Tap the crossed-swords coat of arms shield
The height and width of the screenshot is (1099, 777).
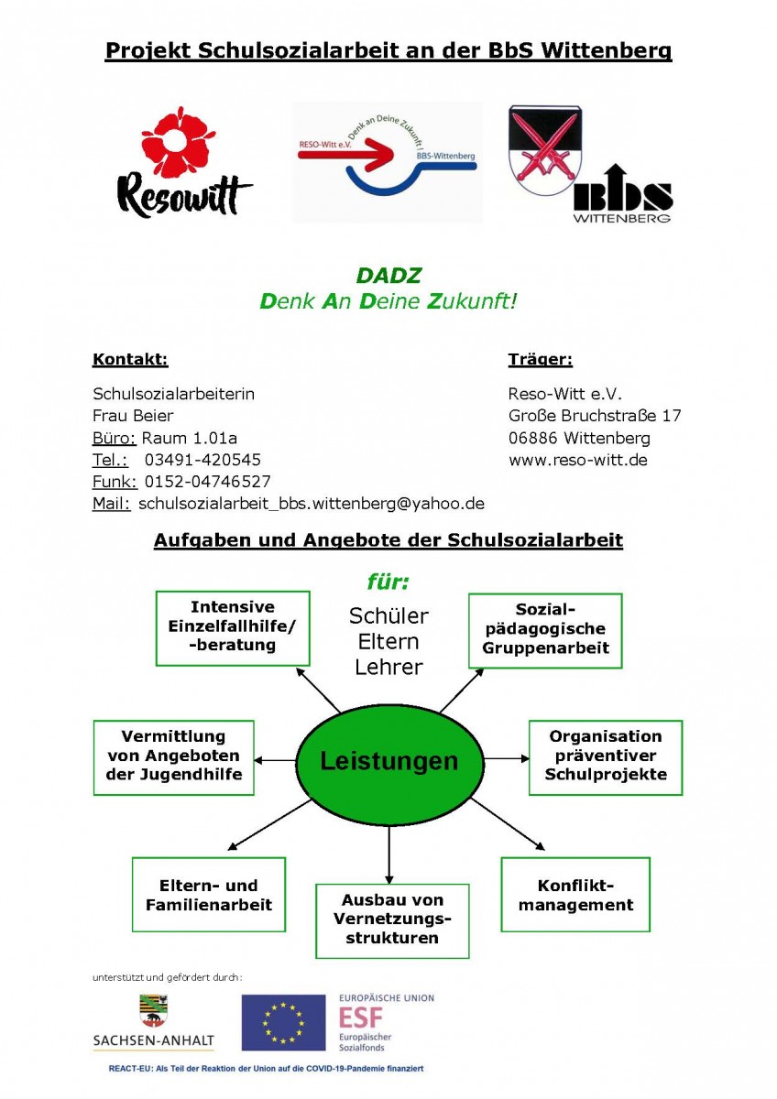545,149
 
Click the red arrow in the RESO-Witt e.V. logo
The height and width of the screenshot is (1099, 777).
345,154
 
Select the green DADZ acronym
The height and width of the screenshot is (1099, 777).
388,276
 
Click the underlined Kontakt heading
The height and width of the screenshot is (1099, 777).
130,359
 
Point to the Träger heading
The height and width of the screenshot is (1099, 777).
540,360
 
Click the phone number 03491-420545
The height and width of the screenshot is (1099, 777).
202,460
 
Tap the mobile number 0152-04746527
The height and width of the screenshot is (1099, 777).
207,482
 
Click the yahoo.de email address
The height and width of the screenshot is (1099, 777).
312,504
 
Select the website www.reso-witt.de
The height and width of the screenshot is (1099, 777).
578,460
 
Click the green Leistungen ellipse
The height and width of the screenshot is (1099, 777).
389,761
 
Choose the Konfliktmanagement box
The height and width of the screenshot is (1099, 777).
575,895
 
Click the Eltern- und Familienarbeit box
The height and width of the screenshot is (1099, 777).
209,895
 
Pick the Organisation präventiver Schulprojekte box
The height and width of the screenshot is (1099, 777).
606,757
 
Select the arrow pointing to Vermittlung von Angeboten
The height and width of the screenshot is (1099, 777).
275,760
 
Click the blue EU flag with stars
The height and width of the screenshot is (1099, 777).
283,1023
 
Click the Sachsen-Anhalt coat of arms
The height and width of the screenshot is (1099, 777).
153,1011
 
